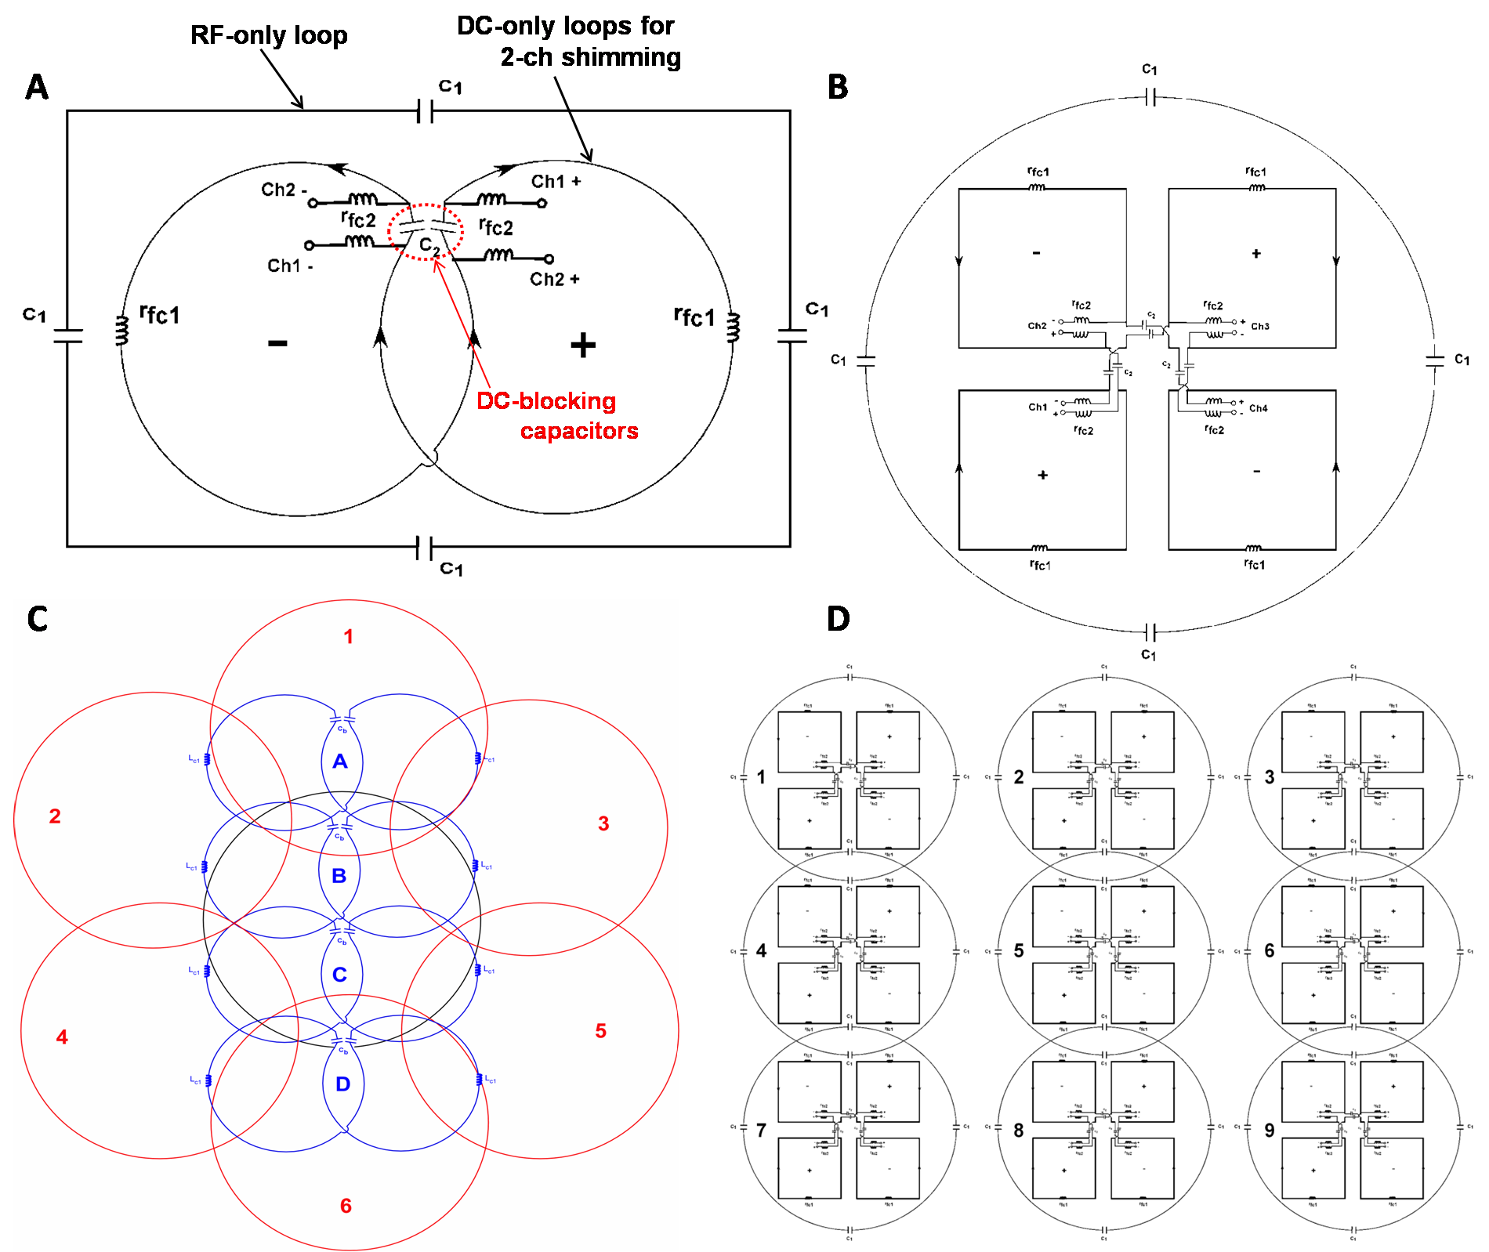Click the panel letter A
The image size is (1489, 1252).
(37, 88)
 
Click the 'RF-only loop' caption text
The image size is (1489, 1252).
(269, 36)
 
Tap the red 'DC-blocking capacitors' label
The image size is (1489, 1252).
(556, 416)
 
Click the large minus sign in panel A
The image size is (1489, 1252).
(277, 343)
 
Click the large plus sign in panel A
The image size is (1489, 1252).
(582, 345)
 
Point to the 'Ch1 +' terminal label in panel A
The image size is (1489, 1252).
(556, 182)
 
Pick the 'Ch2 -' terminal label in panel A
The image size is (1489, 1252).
(283, 190)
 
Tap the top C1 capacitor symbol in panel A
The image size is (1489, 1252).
(425, 111)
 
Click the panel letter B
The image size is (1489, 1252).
(838, 88)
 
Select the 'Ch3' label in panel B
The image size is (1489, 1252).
(1260, 327)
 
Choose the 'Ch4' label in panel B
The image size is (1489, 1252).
(1258, 408)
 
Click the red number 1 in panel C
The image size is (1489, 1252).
(348, 637)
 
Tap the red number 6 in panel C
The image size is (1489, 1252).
(346, 1206)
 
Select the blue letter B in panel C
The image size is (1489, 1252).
(339, 876)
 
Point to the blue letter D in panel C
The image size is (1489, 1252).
(342, 1084)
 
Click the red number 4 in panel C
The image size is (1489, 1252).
(62, 1037)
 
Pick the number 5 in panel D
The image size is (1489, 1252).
(1018, 951)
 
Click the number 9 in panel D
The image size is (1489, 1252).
(1270, 1131)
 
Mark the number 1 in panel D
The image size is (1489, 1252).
(761, 777)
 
